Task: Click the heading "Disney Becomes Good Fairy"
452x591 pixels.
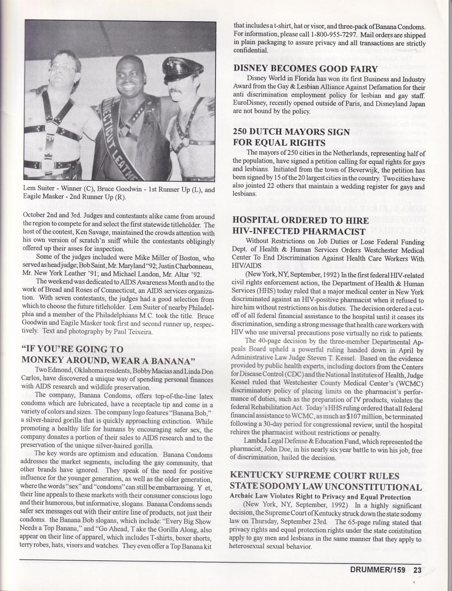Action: pos(305,69)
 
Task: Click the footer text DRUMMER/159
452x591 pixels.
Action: pos(382,570)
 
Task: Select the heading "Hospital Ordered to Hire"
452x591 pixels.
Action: pos(300,221)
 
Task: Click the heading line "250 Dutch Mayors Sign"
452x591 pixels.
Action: pos(291,132)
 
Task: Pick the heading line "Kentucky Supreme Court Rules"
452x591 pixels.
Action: pos(315,475)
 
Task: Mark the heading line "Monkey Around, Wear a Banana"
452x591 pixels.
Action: pos(108,360)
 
